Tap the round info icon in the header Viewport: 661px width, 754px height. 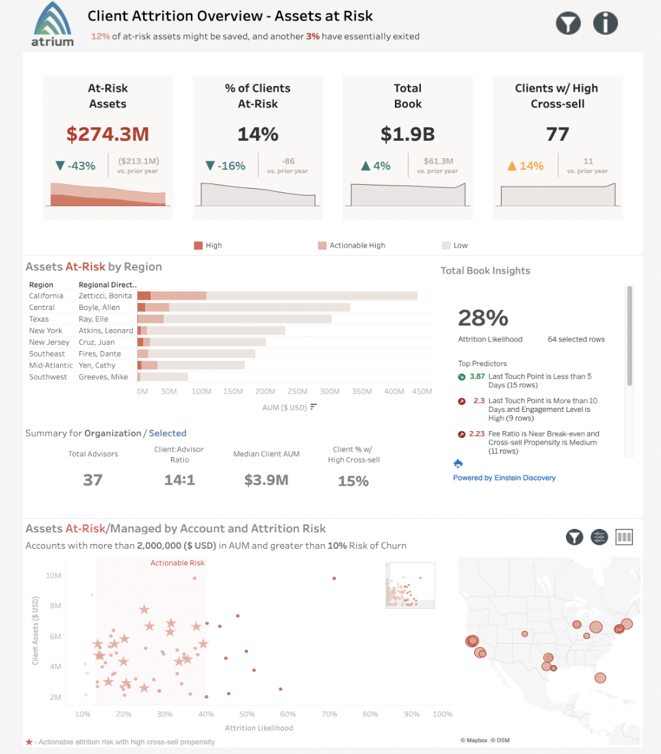click(605, 23)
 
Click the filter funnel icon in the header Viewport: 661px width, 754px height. click(568, 23)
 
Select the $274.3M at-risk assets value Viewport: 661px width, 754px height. click(107, 134)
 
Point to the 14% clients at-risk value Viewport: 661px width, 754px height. click(257, 134)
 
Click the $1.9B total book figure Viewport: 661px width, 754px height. click(407, 134)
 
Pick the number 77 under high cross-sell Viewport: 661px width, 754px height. click(557, 134)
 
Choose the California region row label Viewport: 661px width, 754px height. click(46, 296)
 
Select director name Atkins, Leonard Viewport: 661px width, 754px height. click(106, 330)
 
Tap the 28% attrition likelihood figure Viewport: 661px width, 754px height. click(483, 318)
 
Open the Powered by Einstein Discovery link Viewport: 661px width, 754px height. click(504, 478)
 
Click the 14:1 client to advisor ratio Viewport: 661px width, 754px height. click(179, 480)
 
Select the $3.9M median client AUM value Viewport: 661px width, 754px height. click(266, 480)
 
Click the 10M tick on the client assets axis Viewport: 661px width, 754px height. click(53, 575)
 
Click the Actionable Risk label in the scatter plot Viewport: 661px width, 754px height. click(177, 563)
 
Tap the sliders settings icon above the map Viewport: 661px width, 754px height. click(599, 537)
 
